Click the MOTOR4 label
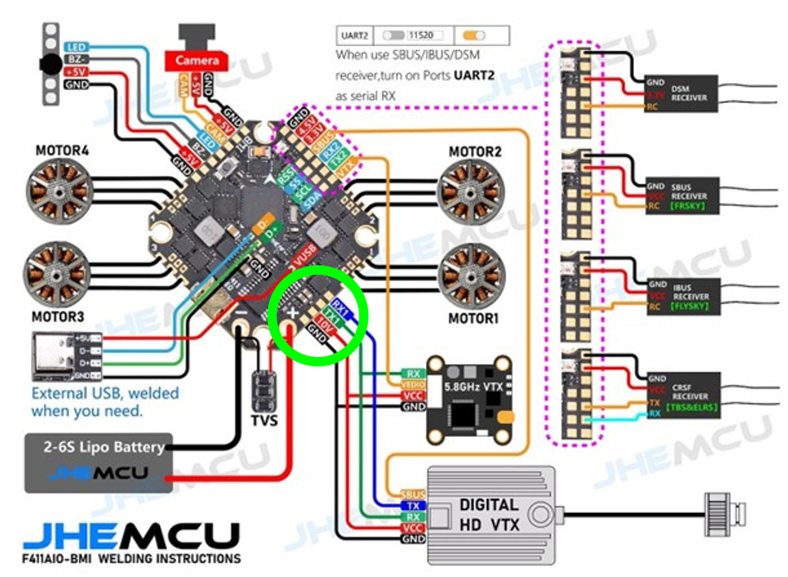coord(62,151)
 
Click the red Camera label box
coord(196,60)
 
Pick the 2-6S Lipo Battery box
coord(99,462)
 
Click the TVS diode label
coord(264,420)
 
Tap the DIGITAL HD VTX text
coord(489,514)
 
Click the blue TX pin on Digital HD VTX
coord(413,505)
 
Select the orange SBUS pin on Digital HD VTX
coord(413,494)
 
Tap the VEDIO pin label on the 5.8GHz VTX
coord(413,384)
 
